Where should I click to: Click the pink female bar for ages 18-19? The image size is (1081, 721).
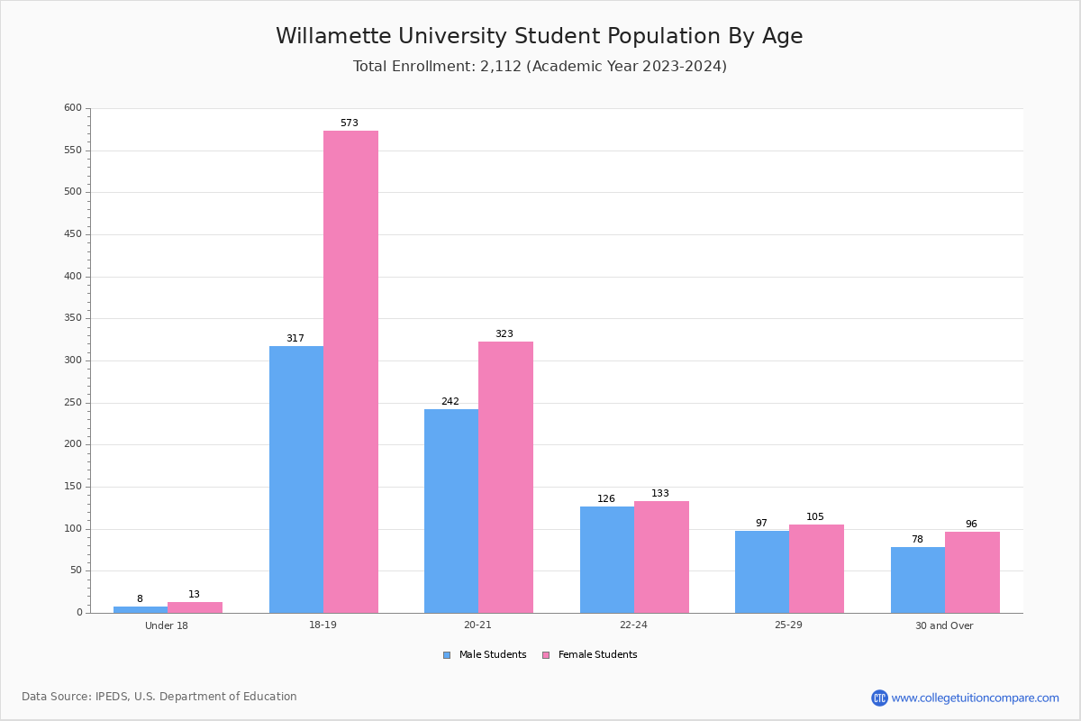pyautogui.click(x=350, y=371)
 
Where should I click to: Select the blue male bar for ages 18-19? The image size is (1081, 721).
pyautogui.click(x=296, y=479)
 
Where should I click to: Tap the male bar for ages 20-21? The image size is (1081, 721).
pyautogui.click(x=451, y=511)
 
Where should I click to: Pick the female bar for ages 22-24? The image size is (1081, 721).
pyautogui.click(x=661, y=557)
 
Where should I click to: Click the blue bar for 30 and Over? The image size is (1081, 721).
pyautogui.click(x=918, y=580)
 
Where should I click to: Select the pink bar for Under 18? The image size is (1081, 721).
pyautogui.click(x=195, y=607)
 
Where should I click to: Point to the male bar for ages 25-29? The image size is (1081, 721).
pyautogui.click(x=762, y=571)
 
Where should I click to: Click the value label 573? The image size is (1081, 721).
pyautogui.click(x=350, y=123)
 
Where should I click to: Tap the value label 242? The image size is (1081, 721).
pyautogui.click(x=450, y=402)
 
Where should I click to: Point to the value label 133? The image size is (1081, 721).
pyautogui.click(x=660, y=494)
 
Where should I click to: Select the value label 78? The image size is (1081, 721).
pyautogui.click(x=917, y=540)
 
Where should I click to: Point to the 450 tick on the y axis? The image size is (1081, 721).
pyautogui.click(x=71, y=234)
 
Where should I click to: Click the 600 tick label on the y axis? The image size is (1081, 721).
pyautogui.click(x=71, y=108)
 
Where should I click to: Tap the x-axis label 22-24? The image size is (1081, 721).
pyautogui.click(x=633, y=625)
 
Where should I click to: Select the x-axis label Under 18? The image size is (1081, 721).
pyautogui.click(x=167, y=625)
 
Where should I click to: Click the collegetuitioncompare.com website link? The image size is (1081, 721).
pyautogui.click(x=975, y=698)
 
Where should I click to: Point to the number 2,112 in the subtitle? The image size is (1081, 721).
pyautogui.click(x=501, y=67)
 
